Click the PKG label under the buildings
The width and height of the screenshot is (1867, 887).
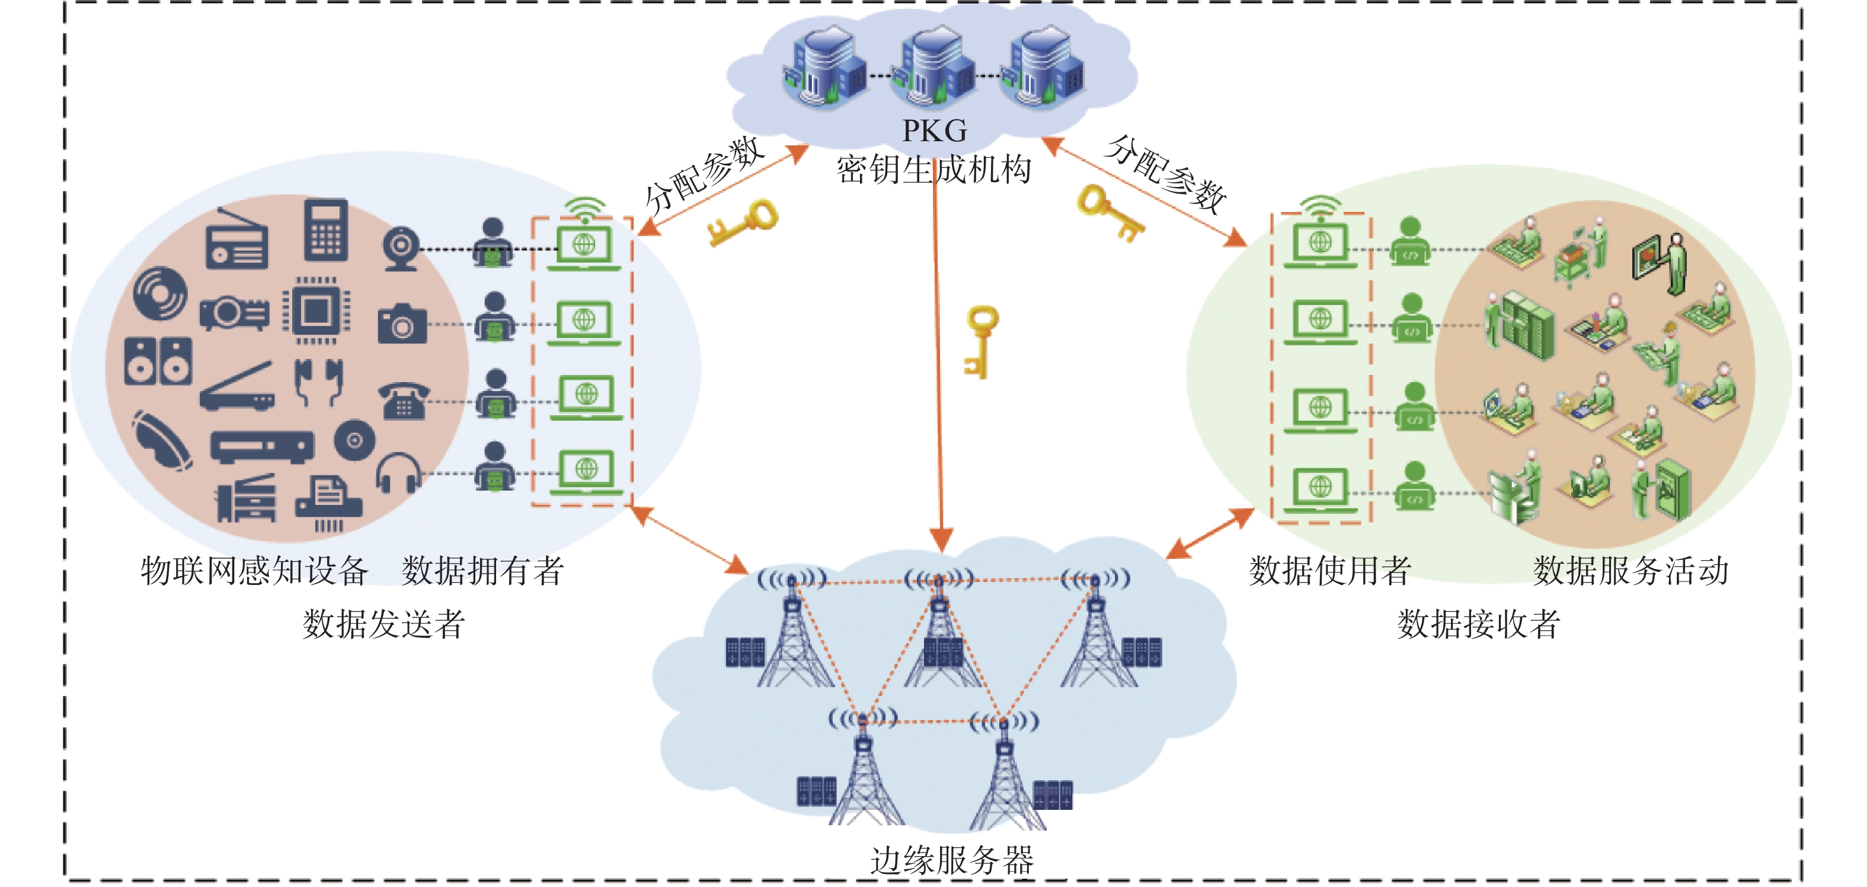[x=934, y=131]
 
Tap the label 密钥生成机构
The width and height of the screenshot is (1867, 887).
[x=934, y=170]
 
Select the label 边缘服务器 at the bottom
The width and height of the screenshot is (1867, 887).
[x=952, y=861]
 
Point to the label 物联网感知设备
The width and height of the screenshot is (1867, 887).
[x=254, y=571]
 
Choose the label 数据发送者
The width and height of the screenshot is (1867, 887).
[x=383, y=624]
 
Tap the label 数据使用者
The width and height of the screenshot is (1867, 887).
[x=1330, y=571]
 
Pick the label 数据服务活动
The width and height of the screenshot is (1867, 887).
[x=1631, y=571]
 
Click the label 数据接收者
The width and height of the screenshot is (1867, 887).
[x=1479, y=624]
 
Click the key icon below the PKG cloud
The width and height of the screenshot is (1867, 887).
[x=980, y=341]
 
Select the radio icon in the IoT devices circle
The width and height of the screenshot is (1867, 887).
[x=236, y=239]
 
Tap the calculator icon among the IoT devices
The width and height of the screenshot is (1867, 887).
[x=325, y=229]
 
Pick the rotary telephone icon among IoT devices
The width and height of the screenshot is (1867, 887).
[x=404, y=400]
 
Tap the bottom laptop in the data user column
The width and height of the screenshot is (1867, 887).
[x=1321, y=489]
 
